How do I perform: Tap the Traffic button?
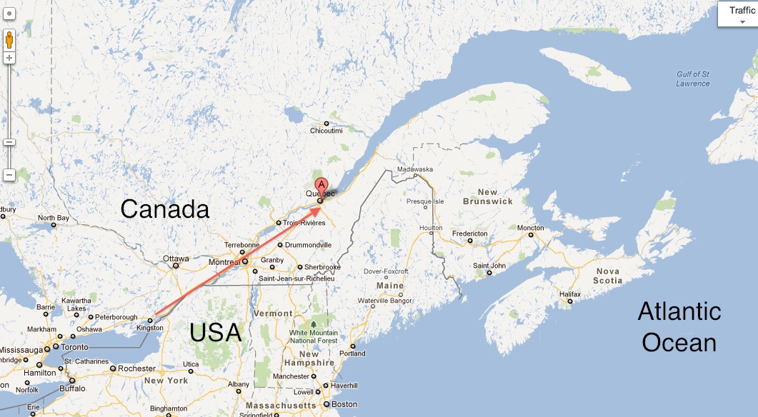pos(737,14)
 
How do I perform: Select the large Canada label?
pos(164,209)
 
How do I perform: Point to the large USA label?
pos(215,333)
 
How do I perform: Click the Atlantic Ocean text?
pos(679,327)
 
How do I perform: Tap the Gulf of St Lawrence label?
pos(693,79)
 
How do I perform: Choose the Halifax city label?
pos(570,294)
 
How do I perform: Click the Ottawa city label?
pos(176,258)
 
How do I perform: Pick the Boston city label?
pos(344,404)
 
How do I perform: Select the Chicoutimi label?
pos(326,131)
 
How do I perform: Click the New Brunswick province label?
pos(488,197)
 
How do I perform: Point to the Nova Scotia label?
pos(607,276)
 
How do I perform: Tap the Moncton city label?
pos(530,228)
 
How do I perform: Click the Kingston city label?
pos(149,328)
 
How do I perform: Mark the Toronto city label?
pos(74,347)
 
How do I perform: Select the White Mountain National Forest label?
pos(314,337)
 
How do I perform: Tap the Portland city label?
pos(352,353)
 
